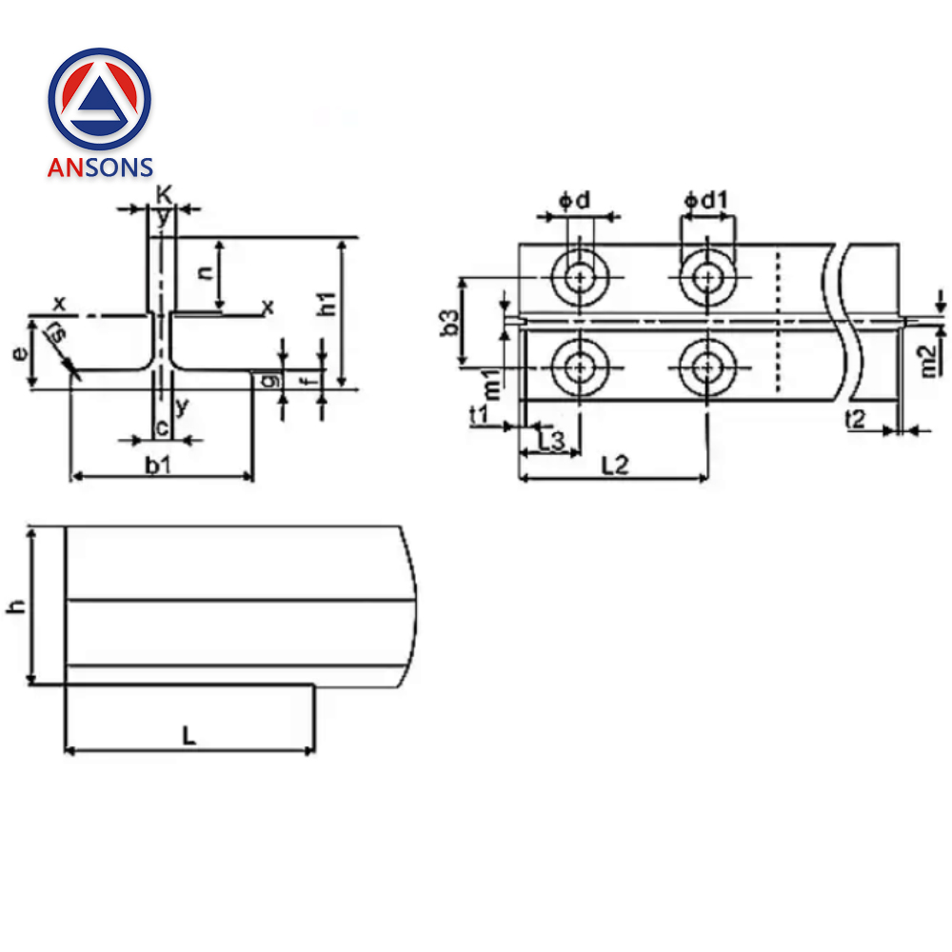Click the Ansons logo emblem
(x=99, y=98)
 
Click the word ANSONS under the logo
(x=100, y=168)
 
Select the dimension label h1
(x=327, y=305)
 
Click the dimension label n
(x=204, y=270)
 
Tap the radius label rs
(x=57, y=335)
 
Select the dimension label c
(x=162, y=428)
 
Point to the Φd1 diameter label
(x=705, y=201)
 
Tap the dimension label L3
(x=551, y=440)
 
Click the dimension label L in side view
(x=189, y=735)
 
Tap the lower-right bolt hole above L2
(x=705, y=367)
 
